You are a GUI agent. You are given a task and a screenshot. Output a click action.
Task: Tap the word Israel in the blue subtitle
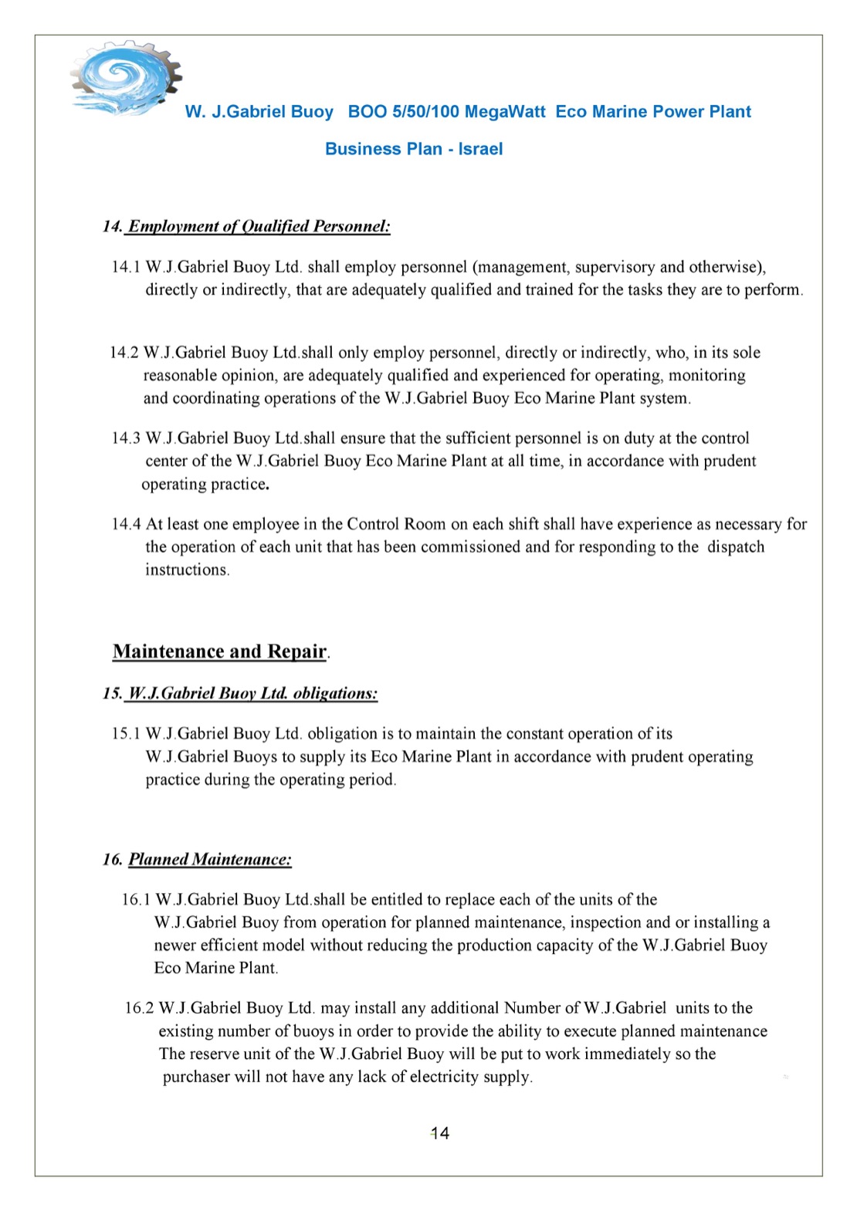coord(480,149)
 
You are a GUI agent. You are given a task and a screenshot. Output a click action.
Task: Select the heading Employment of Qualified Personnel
coord(259,226)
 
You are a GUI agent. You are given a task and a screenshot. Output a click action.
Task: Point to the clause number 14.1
coord(126,267)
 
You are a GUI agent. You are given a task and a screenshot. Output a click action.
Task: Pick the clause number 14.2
coord(124,353)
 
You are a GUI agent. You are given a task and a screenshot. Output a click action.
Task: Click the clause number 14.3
coord(126,438)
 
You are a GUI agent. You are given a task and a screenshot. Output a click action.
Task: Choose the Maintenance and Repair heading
coord(220,651)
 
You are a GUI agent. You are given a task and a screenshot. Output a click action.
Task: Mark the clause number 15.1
coord(126,733)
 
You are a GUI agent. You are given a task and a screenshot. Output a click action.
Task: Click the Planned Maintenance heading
coord(209,859)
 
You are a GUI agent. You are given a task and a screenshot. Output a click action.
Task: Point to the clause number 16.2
coord(139,1008)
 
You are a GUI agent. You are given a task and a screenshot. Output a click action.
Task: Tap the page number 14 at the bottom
coord(439,1133)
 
